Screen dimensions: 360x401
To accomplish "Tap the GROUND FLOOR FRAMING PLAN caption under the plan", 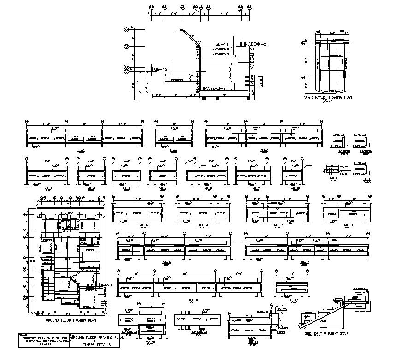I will (71, 319).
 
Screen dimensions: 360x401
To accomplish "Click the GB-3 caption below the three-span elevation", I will (265, 150).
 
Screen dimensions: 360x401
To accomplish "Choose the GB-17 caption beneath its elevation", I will (291, 300).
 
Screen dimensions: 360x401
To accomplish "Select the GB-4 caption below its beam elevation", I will (35, 187).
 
